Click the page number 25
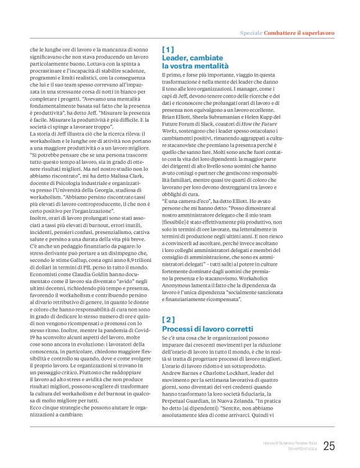(329, 445)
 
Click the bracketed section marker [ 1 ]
(168, 48)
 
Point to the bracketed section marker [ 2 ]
(168, 319)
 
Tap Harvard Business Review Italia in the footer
(287, 443)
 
